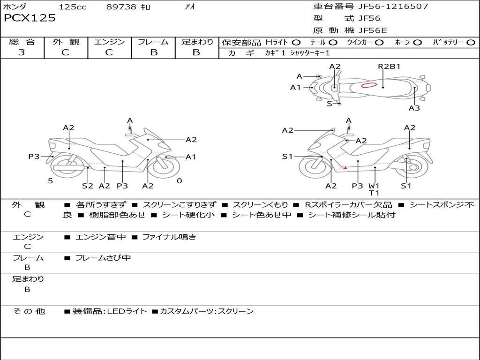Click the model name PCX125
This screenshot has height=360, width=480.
[x=30, y=18]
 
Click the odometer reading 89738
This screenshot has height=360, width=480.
[x=121, y=7]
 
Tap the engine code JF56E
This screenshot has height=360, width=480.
[x=373, y=30]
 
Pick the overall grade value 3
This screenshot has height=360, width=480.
[x=22, y=52]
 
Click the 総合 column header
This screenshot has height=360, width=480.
[x=22, y=42]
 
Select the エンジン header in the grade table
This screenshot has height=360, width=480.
[x=110, y=42]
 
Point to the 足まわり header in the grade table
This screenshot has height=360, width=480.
[x=197, y=42]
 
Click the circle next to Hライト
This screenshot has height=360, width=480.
[x=296, y=43]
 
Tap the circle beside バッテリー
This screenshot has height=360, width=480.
[x=471, y=43]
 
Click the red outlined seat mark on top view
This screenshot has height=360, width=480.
[x=369, y=85]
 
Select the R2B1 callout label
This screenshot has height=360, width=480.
[x=389, y=66]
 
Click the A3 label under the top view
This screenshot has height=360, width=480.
[x=414, y=108]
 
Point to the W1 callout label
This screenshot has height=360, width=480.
[x=374, y=186]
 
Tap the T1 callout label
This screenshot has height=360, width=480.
[x=374, y=193]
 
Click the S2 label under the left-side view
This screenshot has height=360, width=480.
[x=88, y=186]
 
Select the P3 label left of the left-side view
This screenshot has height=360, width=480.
[x=34, y=157]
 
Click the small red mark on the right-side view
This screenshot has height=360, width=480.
[x=345, y=167]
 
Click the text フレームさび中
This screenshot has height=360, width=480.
[x=103, y=258]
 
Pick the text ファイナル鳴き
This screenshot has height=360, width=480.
[x=169, y=237]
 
